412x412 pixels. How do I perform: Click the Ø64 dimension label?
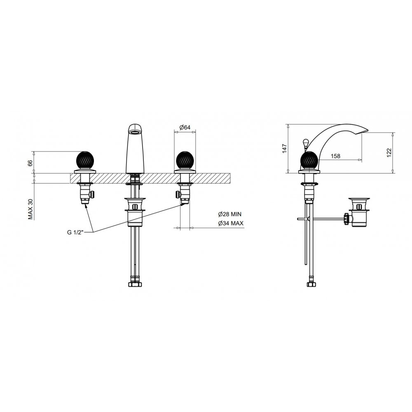coord(185,127)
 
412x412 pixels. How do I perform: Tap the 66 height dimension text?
coord(30,163)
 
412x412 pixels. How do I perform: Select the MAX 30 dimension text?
coord(31,209)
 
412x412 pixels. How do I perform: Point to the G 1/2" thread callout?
coord(75,232)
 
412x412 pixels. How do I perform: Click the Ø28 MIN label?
coord(229,214)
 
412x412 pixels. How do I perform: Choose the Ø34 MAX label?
coord(231,223)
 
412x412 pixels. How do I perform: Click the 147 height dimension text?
coord(285,149)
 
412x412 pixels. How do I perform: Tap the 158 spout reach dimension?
coord(335,156)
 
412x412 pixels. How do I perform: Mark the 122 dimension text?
coord(389,153)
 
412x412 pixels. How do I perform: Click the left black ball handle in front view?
coord(84,160)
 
